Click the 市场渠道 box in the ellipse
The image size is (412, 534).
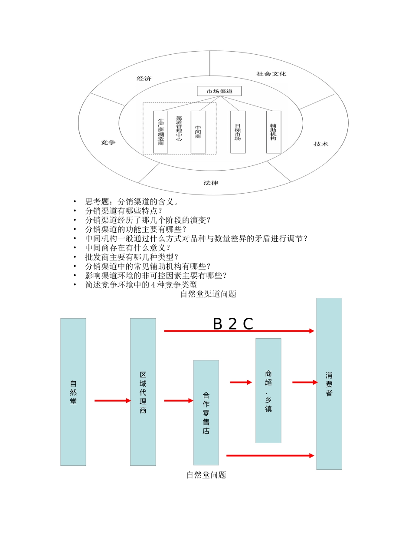pos(219,91)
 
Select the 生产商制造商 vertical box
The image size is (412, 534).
pos(160,132)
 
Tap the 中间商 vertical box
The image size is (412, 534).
pos(198,132)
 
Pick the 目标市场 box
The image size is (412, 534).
pos(238,132)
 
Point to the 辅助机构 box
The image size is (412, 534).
pos(273,132)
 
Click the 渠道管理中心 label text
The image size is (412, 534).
pos(179,129)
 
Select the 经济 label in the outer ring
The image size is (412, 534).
pos(144,79)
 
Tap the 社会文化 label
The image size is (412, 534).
pos(271,74)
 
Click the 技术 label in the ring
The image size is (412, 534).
pos(321,144)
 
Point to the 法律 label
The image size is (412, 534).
pos(211,183)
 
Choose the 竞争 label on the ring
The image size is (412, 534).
pos(108,142)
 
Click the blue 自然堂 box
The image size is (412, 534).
pos(73,392)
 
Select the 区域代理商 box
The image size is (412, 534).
pos(143,392)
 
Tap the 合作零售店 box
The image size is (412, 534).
pos(206,412)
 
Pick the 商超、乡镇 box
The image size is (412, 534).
pos(268,390)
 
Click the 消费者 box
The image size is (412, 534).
pos(329,383)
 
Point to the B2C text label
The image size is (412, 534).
pos(233,324)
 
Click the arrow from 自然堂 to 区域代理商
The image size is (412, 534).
pos(112,400)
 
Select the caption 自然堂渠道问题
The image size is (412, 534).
pos(208,294)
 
